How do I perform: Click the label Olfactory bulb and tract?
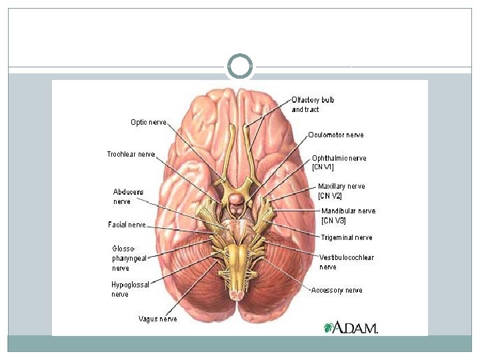(x=313, y=105)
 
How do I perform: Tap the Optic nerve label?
(x=148, y=122)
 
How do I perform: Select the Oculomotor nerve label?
(x=336, y=135)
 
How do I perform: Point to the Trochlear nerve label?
(x=131, y=154)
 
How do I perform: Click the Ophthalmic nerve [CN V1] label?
(x=339, y=163)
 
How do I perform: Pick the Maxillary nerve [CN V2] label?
(x=341, y=191)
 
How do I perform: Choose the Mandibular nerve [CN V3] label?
(x=347, y=215)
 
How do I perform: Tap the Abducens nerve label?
(x=127, y=196)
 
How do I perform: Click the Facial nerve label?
(x=127, y=225)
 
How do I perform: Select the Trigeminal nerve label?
(x=346, y=237)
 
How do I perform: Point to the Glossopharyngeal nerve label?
(x=129, y=258)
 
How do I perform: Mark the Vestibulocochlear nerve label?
(x=346, y=262)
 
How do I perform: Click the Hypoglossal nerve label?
(x=130, y=289)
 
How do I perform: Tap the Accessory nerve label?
(x=337, y=290)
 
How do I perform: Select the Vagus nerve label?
(x=157, y=319)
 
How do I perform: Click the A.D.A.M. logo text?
(x=355, y=327)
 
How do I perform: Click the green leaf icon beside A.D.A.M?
(x=328, y=327)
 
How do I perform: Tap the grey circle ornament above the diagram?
(x=240, y=67)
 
